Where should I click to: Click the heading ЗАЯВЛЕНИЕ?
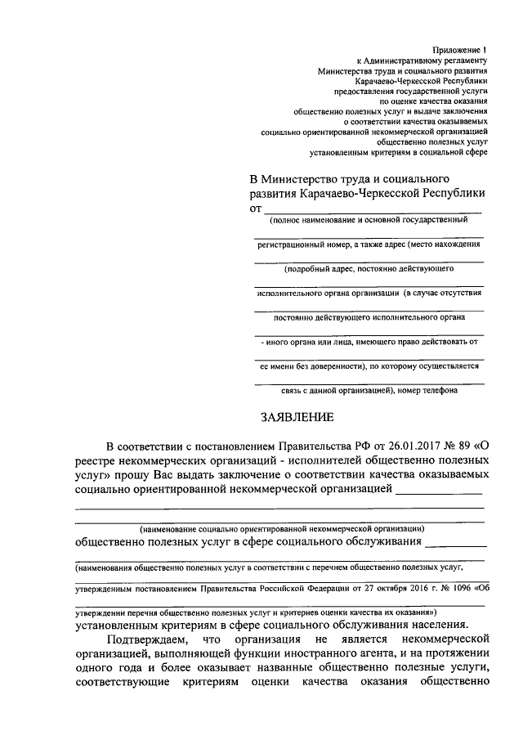pyautogui.click(x=297, y=417)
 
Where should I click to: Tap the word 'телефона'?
pyautogui.click(x=440, y=390)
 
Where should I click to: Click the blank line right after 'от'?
pyautogui.click(x=373, y=211)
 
